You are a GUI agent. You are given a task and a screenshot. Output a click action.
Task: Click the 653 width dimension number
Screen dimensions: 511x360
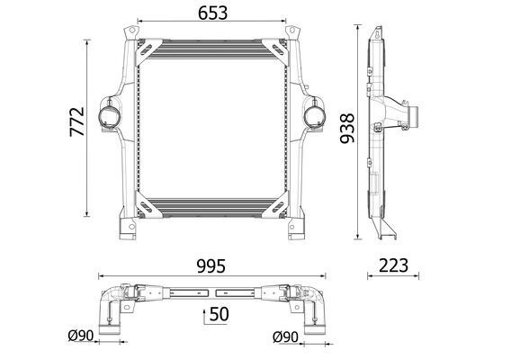pyautogui.click(x=213, y=13)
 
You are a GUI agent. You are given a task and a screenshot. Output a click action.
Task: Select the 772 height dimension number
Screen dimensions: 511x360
pyautogui.click(x=77, y=121)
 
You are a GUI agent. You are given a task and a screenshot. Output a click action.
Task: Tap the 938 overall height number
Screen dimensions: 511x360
pyautogui.click(x=346, y=128)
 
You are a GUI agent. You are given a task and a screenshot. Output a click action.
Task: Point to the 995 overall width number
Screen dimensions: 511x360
pyautogui.click(x=211, y=266)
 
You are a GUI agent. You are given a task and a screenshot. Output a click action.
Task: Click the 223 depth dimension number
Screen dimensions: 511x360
pyautogui.click(x=393, y=265)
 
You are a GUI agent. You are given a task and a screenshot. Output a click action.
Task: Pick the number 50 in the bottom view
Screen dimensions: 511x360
pyautogui.click(x=219, y=314)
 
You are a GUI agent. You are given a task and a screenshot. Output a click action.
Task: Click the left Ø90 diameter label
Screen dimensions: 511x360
pyautogui.click(x=81, y=336)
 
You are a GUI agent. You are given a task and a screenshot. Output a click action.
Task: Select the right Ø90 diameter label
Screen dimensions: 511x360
pyautogui.click(x=285, y=337)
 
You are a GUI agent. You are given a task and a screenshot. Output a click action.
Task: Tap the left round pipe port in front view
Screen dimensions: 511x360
pyautogui.click(x=109, y=115)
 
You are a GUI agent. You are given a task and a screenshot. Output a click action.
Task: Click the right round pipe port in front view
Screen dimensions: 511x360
pyautogui.click(x=315, y=116)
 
